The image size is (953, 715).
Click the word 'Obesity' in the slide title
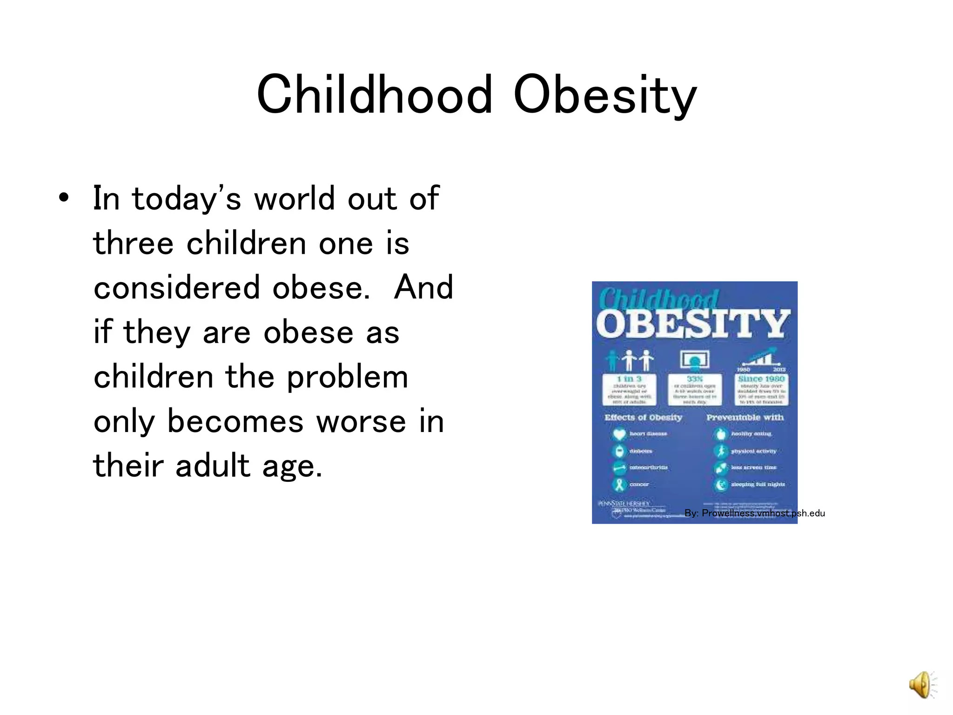[604, 95]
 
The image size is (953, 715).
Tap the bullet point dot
[64, 198]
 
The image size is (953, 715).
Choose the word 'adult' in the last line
[213, 466]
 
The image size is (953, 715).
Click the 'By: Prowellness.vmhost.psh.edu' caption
[754, 513]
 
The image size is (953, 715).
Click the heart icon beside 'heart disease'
[619, 434]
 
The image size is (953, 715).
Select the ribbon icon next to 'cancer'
[619, 485]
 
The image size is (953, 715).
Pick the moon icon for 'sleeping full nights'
[721, 485]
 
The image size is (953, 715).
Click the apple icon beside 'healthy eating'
[721, 434]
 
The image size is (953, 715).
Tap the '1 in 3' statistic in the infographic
[629, 379]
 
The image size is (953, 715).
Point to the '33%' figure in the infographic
[695, 379]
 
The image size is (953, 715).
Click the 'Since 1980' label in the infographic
[761, 379]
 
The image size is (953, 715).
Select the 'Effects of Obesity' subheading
[643, 418]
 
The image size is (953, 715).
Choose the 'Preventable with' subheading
[745, 418]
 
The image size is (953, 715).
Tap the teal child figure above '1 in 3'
[611, 361]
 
